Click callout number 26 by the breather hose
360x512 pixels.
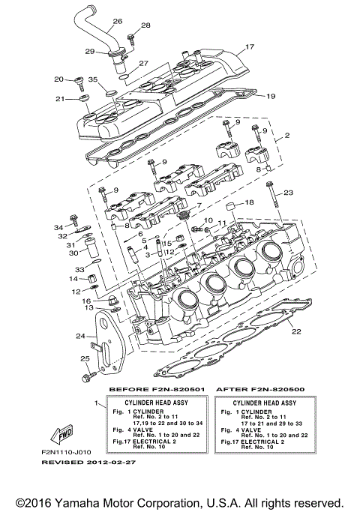(x=118, y=21)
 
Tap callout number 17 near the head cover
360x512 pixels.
(x=250, y=46)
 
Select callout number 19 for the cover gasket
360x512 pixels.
(x=271, y=96)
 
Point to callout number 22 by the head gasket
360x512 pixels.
(x=296, y=331)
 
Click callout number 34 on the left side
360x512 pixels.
(x=58, y=226)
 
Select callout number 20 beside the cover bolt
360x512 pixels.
(x=58, y=79)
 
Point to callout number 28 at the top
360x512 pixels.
(x=145, y=25)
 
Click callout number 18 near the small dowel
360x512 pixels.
(x=250, y=202)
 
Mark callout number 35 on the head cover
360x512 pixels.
(x=93, y=79)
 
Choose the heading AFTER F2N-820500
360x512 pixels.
(x=261, y=390)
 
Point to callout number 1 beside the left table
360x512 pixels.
(x=95, y=404)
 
